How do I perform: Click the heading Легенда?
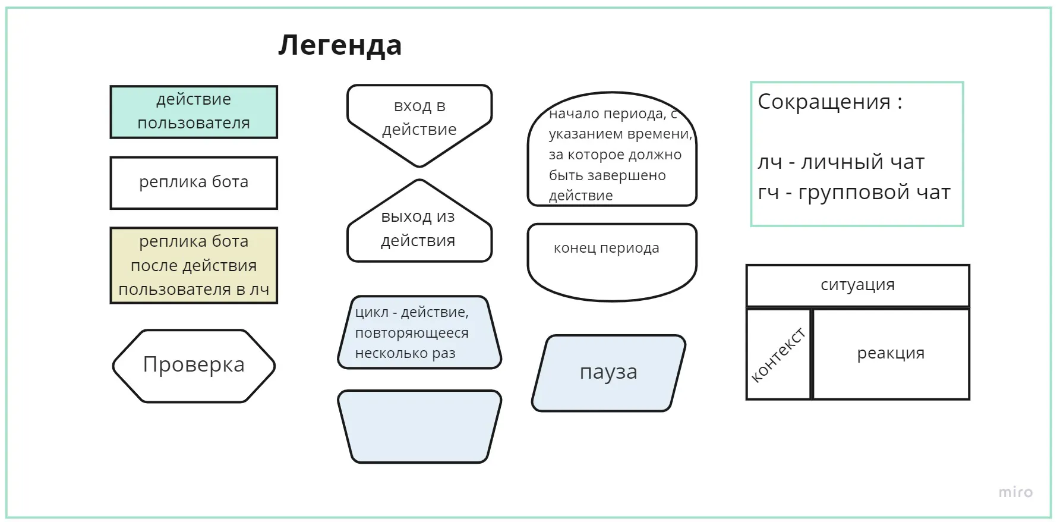(340, 45)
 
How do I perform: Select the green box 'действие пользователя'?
(194, 112)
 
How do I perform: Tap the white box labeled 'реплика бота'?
(194, 183)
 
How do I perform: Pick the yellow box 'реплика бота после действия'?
(194, 265)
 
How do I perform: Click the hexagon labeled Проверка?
(194, 365)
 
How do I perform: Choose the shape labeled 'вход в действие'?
(419, 119)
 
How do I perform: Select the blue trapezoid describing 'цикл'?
(419, 332)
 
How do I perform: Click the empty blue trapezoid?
(419, 426)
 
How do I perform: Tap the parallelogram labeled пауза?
(608, 373)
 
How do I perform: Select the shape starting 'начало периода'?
(611, 152)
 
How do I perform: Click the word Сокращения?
(823, 102)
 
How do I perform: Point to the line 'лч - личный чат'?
(841, 162)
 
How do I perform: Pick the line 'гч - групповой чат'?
(854, 193)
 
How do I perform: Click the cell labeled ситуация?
(857, 285)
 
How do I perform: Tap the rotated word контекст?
(778, 355)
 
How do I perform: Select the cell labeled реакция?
(891, 354)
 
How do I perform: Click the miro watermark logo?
(1015, 492)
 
